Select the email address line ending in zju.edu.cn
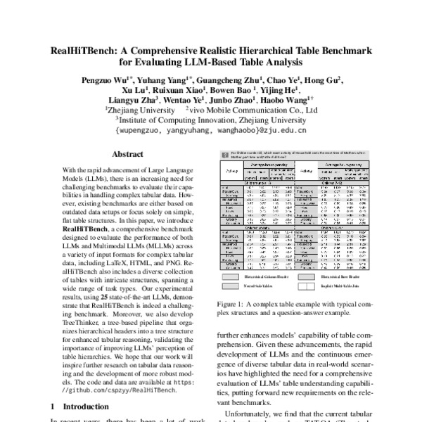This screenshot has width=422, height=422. tap(210, 129)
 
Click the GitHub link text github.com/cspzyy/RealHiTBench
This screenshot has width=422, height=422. tap(119, 388)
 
